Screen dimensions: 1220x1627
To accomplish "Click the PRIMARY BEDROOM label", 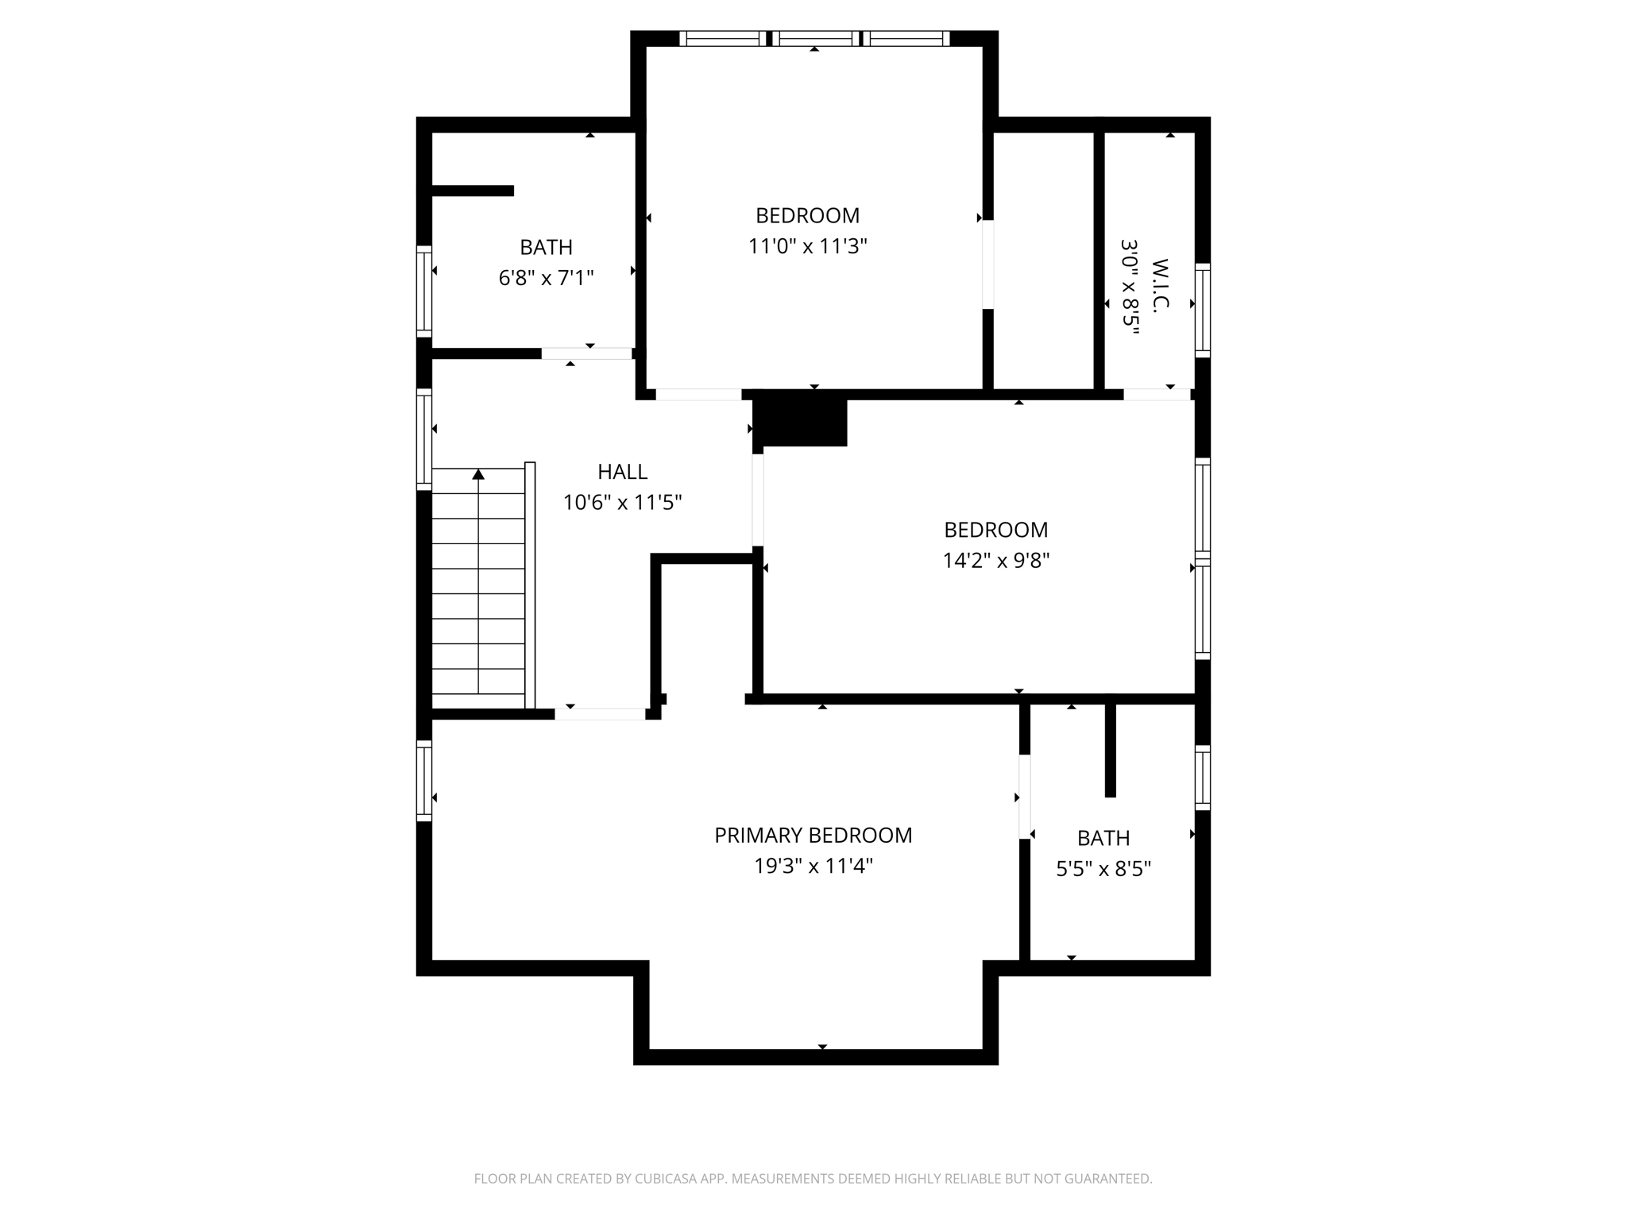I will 813,835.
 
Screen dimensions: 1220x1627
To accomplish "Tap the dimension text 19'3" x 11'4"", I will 813,866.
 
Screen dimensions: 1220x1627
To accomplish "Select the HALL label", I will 622,472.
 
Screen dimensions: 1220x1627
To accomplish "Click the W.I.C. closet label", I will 1159,286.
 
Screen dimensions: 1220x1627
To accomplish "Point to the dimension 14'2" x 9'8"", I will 995,561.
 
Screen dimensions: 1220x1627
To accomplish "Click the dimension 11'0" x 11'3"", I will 807,246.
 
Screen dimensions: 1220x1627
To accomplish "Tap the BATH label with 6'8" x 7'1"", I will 546,248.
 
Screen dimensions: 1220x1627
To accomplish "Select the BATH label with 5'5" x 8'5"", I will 1103,838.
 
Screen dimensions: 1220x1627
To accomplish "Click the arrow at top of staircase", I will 478,475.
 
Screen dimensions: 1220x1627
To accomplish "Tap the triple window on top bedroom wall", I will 814,38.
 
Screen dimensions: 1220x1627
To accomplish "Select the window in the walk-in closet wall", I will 1203,310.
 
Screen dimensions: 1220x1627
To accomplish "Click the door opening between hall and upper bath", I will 586,353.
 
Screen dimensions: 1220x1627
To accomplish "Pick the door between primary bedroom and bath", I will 1025,796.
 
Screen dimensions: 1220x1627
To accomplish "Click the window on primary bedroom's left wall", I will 424,781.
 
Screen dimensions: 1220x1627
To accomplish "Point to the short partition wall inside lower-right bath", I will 1110,748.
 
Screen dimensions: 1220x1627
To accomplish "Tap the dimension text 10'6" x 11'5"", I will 622,503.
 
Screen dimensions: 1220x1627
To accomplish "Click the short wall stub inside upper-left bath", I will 473,191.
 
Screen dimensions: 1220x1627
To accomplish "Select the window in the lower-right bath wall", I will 1203,778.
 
